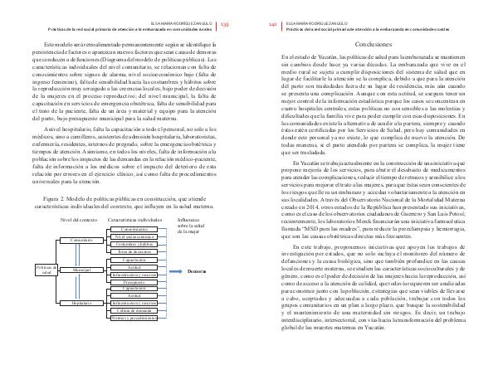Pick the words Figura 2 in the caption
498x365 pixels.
57,201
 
